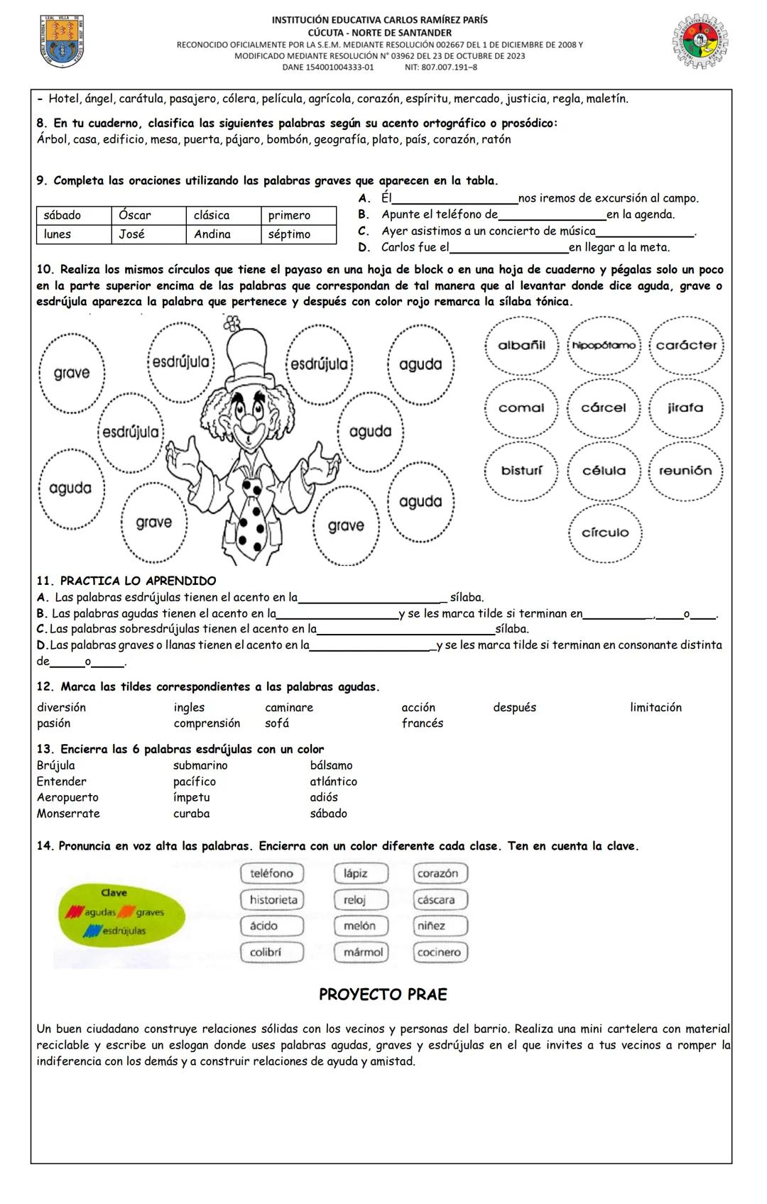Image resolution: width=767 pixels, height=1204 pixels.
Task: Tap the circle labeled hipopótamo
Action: pos(604,346)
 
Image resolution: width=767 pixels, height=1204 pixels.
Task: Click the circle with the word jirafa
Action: pos(685,408)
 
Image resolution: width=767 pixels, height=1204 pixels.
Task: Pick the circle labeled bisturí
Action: pos(521,471)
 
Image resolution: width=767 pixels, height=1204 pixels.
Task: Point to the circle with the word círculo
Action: pos(604,533)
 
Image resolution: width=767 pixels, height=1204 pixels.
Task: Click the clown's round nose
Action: pos(249,422)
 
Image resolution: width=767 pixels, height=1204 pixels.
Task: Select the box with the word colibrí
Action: pos(272,953)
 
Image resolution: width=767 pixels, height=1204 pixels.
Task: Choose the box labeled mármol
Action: pos(362,953)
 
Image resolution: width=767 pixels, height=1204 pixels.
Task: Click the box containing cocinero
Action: pos(440,953)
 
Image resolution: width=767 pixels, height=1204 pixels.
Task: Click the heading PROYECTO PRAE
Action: pos(383,995)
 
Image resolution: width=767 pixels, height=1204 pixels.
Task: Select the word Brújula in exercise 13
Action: pos(56,765)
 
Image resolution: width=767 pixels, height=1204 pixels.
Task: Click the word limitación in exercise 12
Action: pos(656,708)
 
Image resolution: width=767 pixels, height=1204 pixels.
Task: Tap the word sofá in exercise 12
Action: pos(277,723)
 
